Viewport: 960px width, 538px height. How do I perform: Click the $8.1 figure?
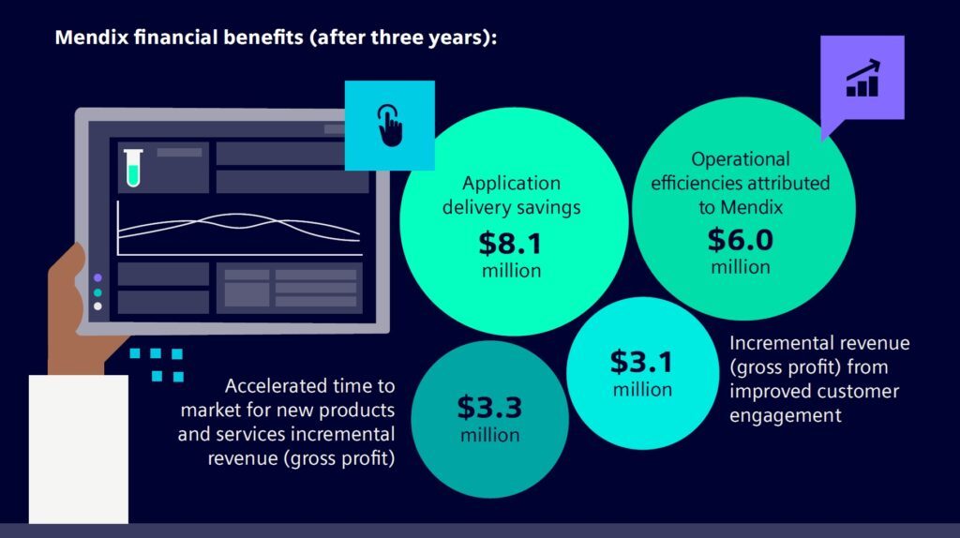tap(510, 244)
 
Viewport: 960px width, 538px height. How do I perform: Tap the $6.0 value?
tap(741, 239)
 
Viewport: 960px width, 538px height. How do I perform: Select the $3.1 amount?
tap(641, 362)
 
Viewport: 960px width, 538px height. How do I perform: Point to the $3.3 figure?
tap(489, 408)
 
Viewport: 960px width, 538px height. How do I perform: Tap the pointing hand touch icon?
tap(389, 125)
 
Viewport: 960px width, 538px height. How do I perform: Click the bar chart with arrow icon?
tap(862, 78)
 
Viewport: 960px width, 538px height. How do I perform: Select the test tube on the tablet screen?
tap(133, 167)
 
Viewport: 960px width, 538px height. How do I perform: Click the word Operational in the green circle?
tap(741, 159)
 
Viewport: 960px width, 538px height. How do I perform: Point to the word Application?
tap(511, 183)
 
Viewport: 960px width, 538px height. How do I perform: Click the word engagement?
tap(786, 415)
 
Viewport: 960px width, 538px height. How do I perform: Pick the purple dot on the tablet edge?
tap(97, 277)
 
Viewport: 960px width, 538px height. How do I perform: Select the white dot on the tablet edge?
tap(97, 306)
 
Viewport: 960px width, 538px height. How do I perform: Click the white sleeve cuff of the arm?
tap(79, 449)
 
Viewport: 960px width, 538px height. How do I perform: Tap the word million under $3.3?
tap(489, 435)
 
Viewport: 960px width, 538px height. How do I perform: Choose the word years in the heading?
tap(455, 37)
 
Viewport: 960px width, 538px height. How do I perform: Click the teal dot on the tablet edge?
tap(97, 291)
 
